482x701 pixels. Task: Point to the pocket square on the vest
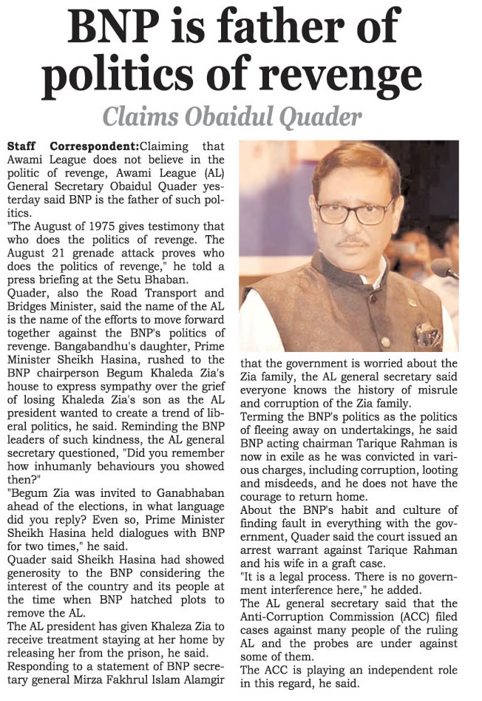(x=428, y=336)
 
